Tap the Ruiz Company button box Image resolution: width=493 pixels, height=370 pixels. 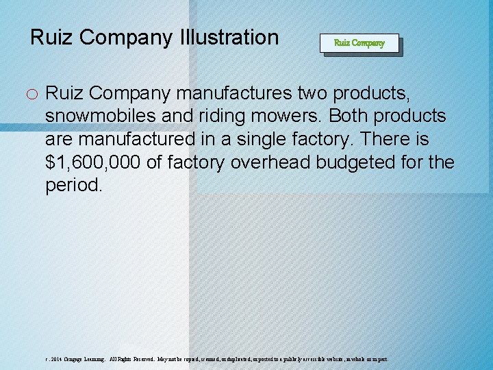click(359, 42)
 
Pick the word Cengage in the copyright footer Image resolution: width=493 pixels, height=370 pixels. click(77, 359)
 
